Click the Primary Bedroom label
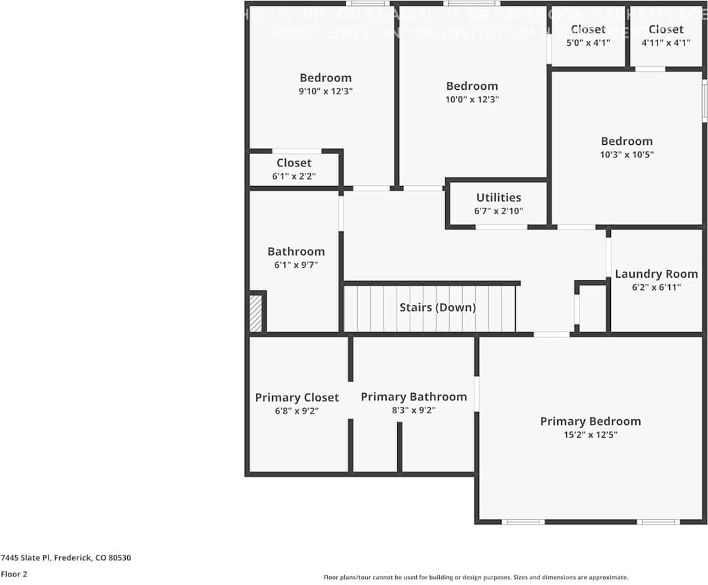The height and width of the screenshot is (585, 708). click(x=590, y=421)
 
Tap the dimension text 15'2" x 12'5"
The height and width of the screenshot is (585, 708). click(x=590, y=434)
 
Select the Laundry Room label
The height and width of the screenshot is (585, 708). click(x=656, y=274)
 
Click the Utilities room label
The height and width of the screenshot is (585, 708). click(x=498, y=197)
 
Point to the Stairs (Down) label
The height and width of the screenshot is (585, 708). click(x=437, y=307)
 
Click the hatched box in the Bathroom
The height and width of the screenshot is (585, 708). click(x=256, y=313)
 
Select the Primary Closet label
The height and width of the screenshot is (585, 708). click(x=297, y=398)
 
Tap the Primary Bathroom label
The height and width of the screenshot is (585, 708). click(x=414, y=397)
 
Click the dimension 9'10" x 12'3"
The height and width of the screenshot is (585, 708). click(x=326, y=92)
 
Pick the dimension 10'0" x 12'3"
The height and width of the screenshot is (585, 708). click(x=472, y=100)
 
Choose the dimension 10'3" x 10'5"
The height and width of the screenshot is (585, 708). click(x=627, y=155)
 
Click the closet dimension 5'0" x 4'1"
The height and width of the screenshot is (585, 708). click(x=588, y=43)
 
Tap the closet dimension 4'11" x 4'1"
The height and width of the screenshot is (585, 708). click(x=665, y=43)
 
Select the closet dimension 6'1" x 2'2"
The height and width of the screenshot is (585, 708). click(x=294, y=176)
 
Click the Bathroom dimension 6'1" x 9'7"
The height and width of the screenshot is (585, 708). click(x=296, y=265)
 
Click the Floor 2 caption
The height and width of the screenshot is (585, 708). click(x=14, y=574)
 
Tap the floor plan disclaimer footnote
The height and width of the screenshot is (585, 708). click(x=475, y=577)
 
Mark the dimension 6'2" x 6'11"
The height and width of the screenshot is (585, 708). click(x=656, y=287)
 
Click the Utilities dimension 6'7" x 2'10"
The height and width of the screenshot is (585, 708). click(x=498, y=212)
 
